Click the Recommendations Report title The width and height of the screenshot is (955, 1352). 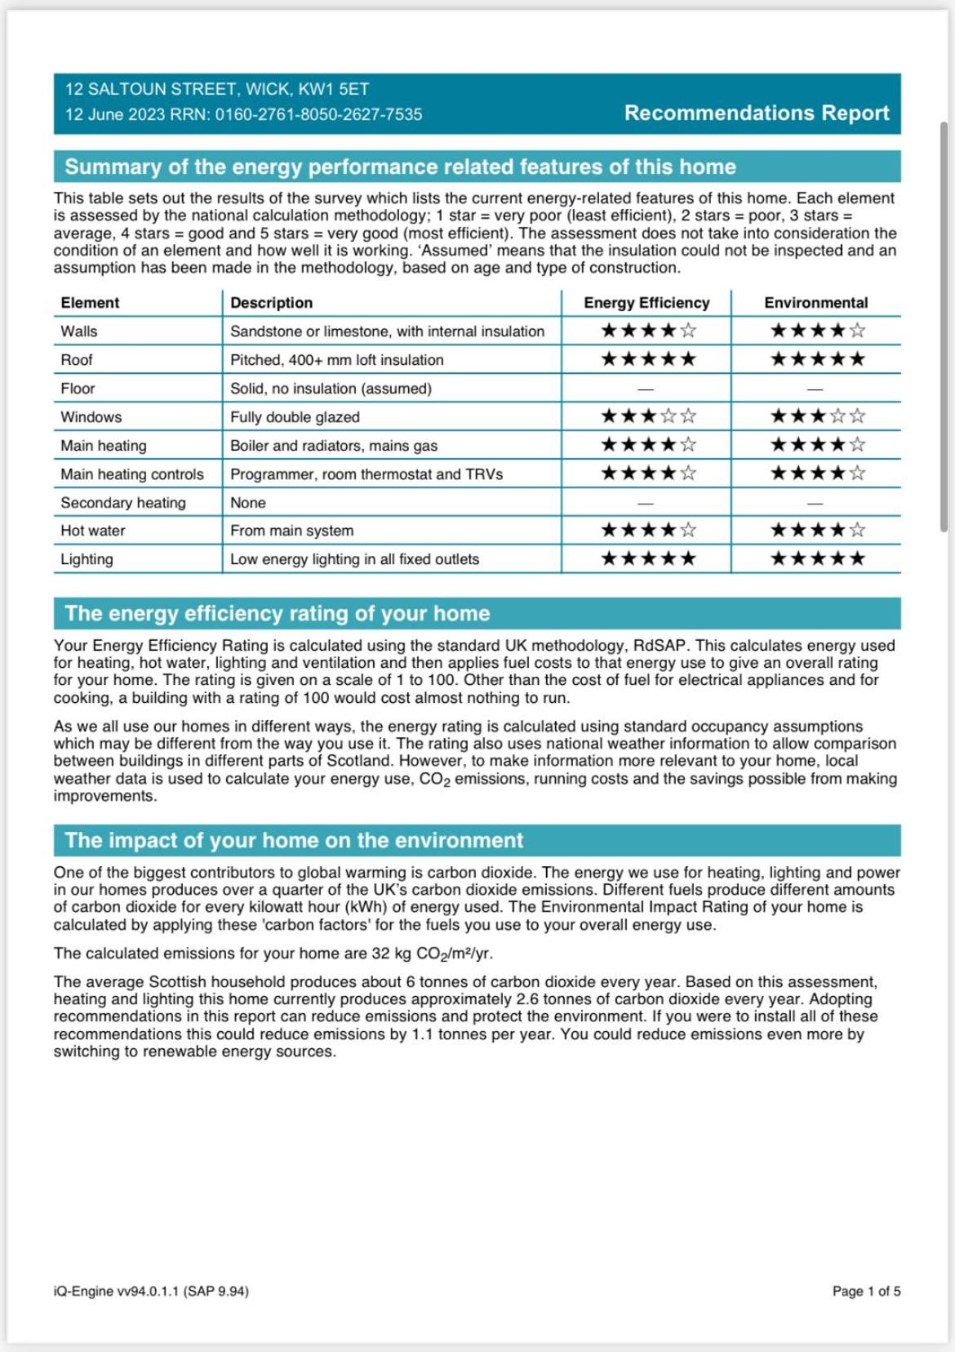pos(756,113)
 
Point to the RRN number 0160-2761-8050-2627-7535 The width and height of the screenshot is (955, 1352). pos(318,114)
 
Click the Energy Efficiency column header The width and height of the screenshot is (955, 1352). pos(646,303)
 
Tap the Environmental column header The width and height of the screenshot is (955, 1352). pos(815,303)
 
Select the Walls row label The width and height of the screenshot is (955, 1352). pos(79,331)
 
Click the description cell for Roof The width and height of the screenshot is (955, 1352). pos(336,360)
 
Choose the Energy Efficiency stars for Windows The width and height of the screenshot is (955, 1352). pos(648,416)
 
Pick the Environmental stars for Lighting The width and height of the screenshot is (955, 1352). pos(817,559)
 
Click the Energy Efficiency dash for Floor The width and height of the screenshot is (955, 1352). pos(646,389)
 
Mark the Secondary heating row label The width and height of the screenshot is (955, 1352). pos(123,503)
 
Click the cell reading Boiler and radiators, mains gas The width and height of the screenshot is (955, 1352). pos(333,446)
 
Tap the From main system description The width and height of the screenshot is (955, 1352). pos(291,531)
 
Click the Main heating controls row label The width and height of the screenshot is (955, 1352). pos(132,474)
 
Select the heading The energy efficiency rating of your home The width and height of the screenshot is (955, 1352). pos(278,613)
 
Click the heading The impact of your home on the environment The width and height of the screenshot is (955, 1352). pos(294,840)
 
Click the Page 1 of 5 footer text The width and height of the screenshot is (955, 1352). pos(866,1291)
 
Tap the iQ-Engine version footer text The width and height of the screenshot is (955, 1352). pos(151,1291)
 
